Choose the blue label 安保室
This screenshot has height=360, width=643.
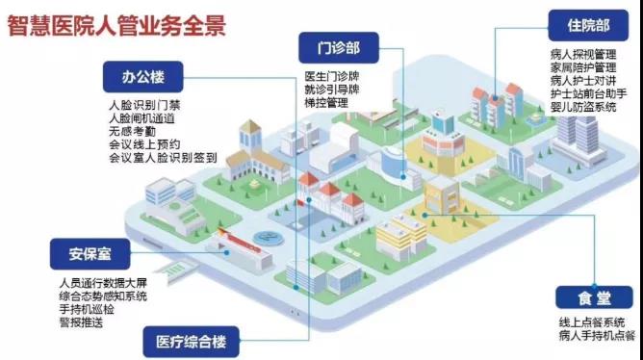[x=80, y=255]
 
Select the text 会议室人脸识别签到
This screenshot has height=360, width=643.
[x=163, y=158]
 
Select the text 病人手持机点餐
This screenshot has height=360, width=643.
[x=590, y=336]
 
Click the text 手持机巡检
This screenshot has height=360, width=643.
[x=88, y=308]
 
